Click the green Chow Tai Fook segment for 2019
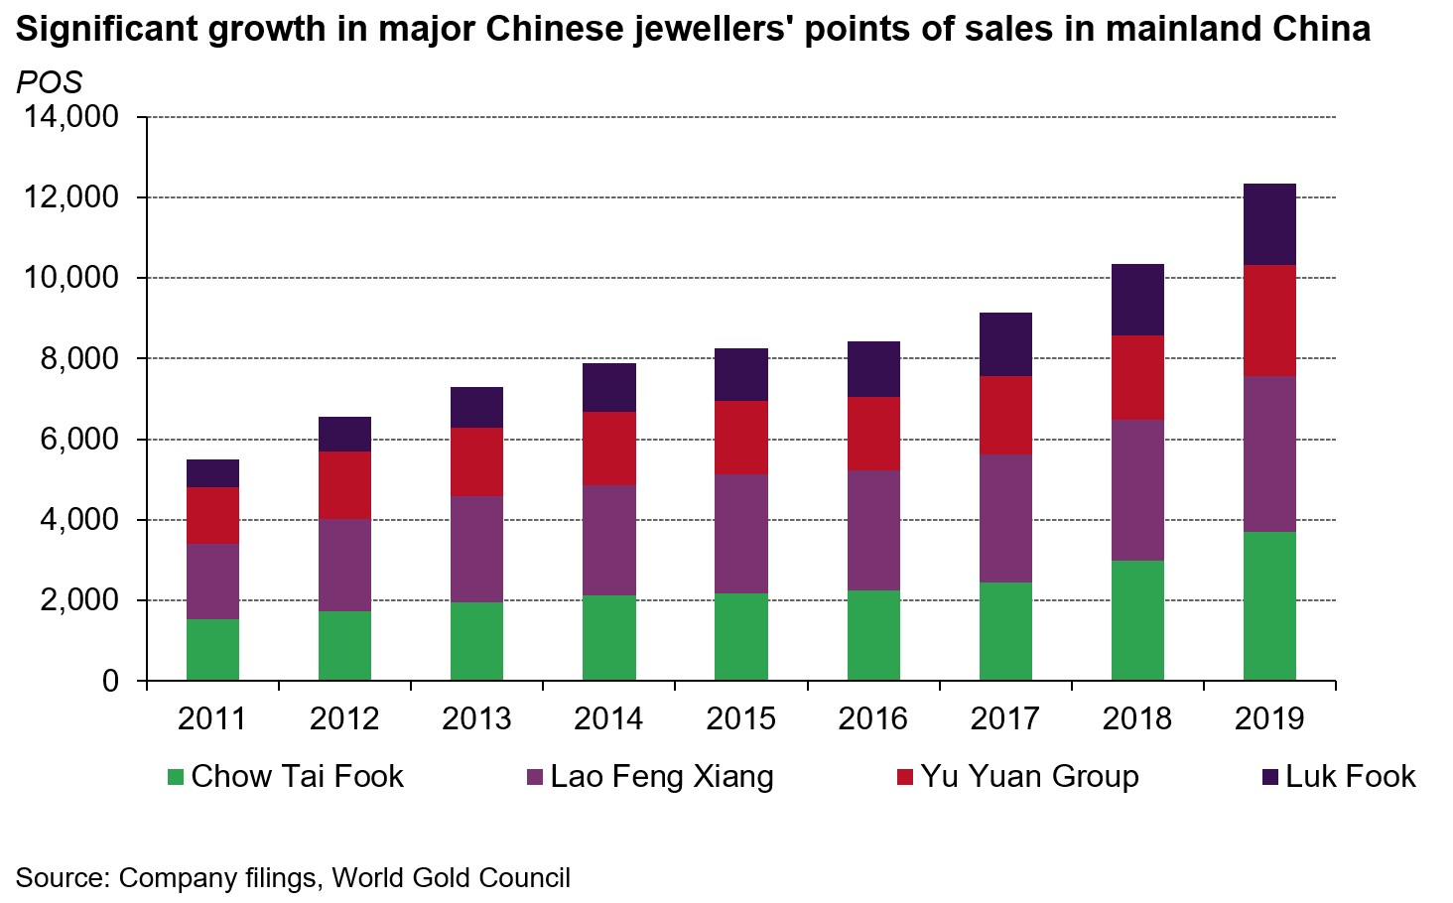point(1269,605)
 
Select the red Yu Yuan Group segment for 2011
point(212,515)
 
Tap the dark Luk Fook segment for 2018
point(1137,300)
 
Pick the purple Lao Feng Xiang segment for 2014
point(608,540)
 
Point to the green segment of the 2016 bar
point(873,635)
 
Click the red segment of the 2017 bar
point(1005,415)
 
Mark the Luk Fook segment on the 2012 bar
point(344,434)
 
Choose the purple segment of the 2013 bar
point(476,549)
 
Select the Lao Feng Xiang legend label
point(661,776)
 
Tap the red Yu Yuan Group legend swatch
point(904,777)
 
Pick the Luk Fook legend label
point(1350,776)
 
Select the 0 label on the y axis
point(110,682)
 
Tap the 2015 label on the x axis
point(740,718)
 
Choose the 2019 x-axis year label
point(1269,718)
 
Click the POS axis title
point(49,82)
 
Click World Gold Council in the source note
point(451,878)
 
